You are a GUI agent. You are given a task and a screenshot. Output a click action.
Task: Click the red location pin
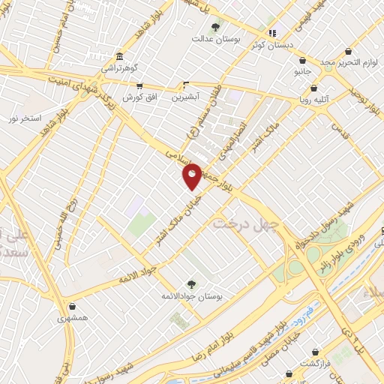(x=193, y=175)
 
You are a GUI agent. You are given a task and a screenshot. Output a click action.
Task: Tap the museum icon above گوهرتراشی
(x=121, y=56)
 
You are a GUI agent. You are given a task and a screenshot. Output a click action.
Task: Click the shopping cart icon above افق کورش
(x=139, y=86)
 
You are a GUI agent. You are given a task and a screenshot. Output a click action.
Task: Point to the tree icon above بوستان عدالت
(x=216, y=28)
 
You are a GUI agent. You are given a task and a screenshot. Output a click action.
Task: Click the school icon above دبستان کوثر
(x=272, y=33)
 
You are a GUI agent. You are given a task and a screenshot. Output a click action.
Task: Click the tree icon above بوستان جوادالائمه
(x=190, y=283)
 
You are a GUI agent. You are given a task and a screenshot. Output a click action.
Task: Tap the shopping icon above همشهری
(x=72, y=306)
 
